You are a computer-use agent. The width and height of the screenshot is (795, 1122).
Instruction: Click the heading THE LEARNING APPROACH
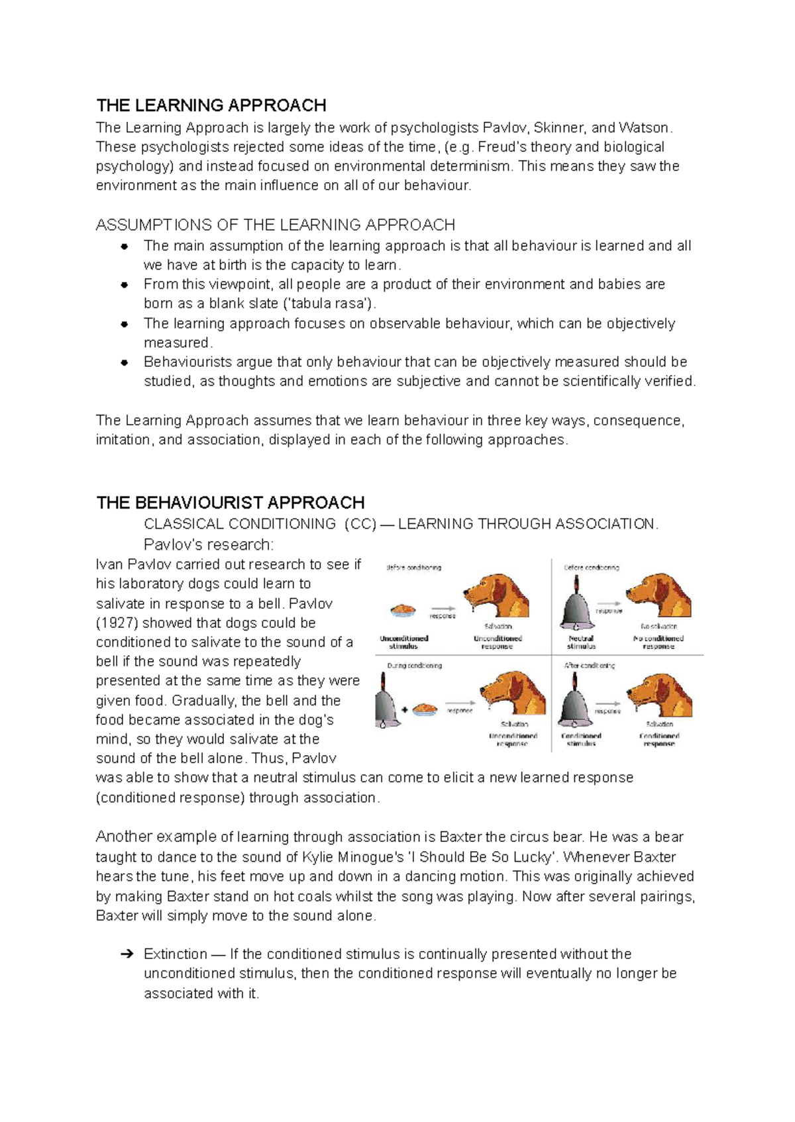click(x=211, y=106)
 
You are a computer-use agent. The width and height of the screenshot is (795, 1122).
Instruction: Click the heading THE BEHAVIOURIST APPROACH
click(x=230, y=503)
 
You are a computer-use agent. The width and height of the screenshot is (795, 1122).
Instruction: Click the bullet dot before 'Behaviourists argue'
click(x=124, y=363)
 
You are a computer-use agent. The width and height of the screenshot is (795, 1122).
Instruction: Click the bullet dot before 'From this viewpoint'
click(x=124, y=285)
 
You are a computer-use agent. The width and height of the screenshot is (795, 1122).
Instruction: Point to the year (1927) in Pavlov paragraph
click(x=117, y=623)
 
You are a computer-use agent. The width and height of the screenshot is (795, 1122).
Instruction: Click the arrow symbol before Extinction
click(x=127, y=954)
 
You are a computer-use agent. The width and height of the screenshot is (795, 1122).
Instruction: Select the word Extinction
click(x=175, y=954)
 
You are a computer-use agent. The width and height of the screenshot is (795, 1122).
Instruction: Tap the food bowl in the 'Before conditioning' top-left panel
click(x=403, y=609)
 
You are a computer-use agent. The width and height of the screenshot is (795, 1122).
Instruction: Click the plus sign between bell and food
click(x=405, y=710)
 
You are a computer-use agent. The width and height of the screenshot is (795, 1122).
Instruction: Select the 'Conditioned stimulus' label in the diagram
click(x=581, y=740)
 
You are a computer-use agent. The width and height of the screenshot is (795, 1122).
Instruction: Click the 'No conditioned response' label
click(x=658, y=642)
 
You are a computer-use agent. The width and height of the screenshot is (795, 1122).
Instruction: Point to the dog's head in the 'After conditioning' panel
click(x=659, y=695)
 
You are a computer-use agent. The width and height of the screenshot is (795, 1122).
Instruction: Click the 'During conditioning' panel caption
click(x=415, y=666)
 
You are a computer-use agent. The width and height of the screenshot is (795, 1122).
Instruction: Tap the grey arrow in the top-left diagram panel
click(x=443, y=608)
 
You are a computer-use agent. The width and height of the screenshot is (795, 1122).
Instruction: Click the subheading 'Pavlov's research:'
click(x=208, y=545)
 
